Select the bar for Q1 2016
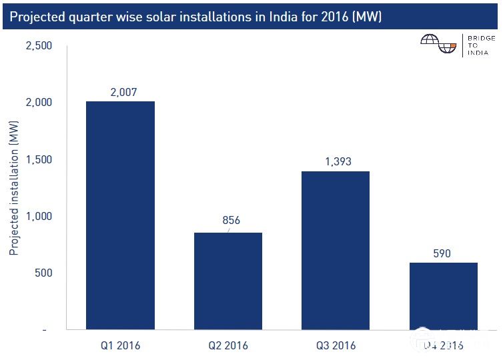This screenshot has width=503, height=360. click(x=120, y=215)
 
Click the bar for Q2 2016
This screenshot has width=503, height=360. click(x=228, y=281)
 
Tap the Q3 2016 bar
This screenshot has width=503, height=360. click(x=336, y=250)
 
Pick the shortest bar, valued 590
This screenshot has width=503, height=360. click(x=443, y=296)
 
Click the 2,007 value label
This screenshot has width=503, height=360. click(x=122, y=92)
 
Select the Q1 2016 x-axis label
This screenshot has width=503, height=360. click(x=119, y=345)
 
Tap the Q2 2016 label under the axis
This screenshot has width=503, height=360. click(x=227, y=345)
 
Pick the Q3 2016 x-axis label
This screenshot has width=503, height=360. click(x=336, y=345)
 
